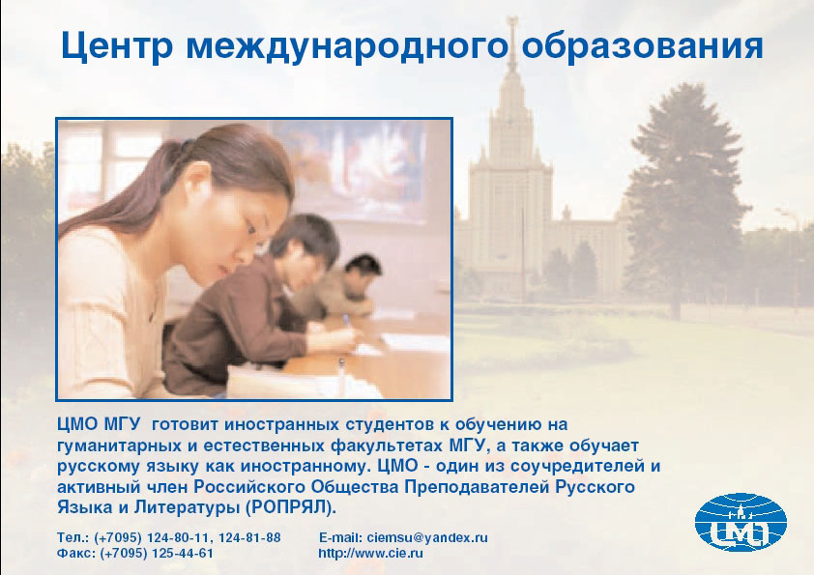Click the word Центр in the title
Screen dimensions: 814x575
(x=117, y=46)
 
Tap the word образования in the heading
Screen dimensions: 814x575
(x=642, y=45)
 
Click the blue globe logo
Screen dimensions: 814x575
(x=741, y=522)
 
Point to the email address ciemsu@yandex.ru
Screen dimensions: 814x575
(x=427, y=537)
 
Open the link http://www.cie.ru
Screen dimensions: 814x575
(x=370, y=553)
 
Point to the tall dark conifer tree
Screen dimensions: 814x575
(x=683, y=200)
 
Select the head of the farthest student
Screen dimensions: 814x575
(x=363, y=268)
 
